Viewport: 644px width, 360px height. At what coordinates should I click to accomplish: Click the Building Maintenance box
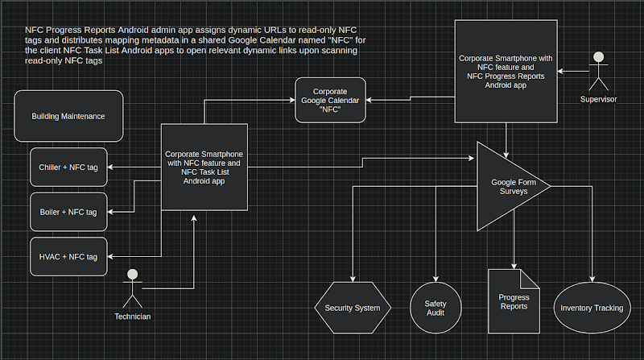68,116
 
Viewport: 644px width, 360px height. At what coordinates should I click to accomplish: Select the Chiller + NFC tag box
68,168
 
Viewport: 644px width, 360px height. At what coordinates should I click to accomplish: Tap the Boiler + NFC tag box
68,212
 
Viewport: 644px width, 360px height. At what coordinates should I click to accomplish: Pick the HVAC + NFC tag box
68,257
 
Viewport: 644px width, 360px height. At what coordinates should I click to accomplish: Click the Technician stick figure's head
132,274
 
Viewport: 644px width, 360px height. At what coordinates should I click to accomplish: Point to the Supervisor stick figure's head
598,56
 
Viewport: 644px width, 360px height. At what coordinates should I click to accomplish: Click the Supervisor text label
598,99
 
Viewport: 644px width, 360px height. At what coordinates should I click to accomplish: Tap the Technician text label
132,317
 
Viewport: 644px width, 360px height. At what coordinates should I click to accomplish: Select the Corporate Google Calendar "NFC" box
330,101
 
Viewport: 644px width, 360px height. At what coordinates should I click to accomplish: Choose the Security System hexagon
353,308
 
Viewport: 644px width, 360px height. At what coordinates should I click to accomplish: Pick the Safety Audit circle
436,308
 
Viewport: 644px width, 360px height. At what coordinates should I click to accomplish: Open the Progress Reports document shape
514,302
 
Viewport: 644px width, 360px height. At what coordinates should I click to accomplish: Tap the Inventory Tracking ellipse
592,308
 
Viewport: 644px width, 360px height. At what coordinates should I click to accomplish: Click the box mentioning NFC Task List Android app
204,168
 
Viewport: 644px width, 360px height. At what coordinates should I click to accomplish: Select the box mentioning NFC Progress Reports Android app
506,72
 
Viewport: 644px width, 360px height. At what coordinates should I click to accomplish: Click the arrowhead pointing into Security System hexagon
353,279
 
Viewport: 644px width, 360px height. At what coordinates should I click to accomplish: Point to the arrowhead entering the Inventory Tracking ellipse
592,279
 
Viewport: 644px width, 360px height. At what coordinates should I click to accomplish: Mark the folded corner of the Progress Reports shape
530,279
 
